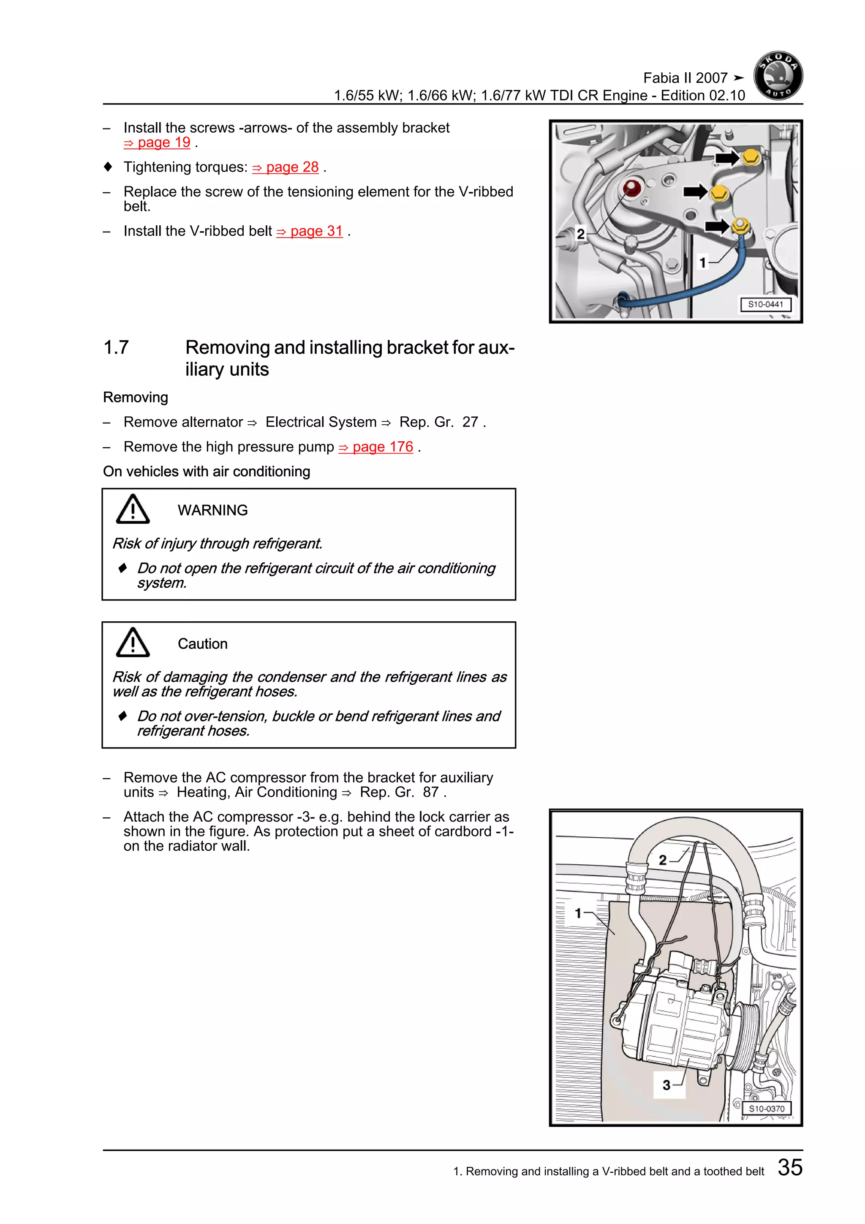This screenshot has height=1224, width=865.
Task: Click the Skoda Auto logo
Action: click(x=778, y=76)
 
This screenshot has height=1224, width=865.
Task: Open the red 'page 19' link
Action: click(x=158, y=143)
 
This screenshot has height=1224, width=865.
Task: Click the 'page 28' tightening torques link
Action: click(x=286, y=167)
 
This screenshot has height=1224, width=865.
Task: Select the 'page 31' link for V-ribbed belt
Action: click(x=310, y=231)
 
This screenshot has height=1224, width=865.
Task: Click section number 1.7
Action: click(x=116, y=347)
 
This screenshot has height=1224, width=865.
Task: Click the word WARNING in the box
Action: click(x=212, y=510)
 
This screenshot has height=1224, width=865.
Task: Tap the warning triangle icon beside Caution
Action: click(x=133, y=642)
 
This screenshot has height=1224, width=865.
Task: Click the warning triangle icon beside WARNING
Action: click(x=133, y=509)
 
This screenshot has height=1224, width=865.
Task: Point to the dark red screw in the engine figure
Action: click(x=632, y=188)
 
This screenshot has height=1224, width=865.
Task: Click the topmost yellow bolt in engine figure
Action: click(x=751, y=157)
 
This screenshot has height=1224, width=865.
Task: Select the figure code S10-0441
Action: click(x=765, y=304)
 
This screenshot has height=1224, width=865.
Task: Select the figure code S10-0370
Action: click(x=767, y=1108)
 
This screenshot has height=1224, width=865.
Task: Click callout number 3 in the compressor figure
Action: click(x=666, y=1085)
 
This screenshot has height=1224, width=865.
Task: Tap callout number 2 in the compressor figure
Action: click(x=663, y=860)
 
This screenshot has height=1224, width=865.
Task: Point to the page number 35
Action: click(x=789, y=1167)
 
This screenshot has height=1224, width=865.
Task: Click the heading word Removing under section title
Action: click(x=135, y=398)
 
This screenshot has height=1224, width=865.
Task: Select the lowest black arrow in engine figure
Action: click(x=717, y=227)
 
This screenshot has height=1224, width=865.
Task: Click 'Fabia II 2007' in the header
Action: click(x=685, y=78)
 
